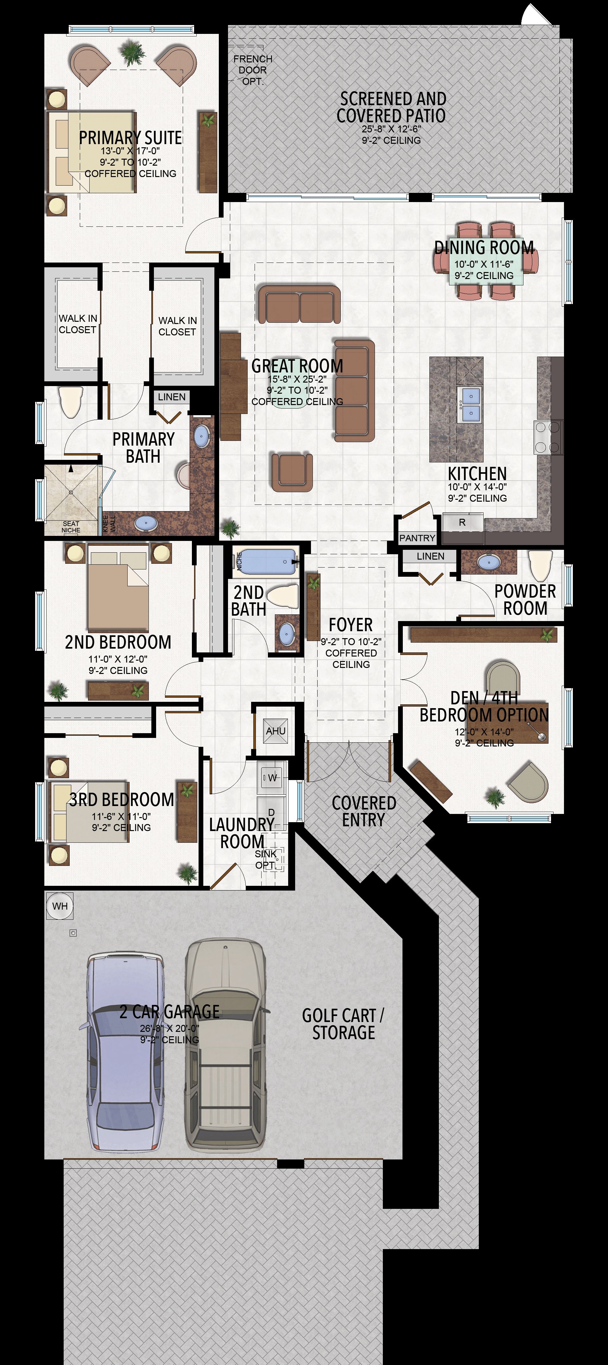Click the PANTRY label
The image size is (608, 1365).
[x=417, y=538]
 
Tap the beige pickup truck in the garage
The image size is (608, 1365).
[x=225, y=1044]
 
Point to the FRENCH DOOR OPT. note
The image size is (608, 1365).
[x=253, y=70]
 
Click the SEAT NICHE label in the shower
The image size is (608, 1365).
[x=71, y=527]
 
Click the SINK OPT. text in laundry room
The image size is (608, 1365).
[x=266, y=860]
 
